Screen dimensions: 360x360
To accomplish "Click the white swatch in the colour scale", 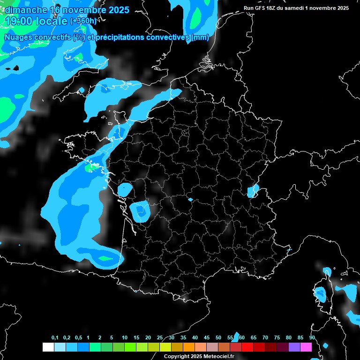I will pyautogui.click(x=48, y=347).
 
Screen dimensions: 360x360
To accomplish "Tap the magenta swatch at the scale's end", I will pyautogui.click(x=306, y=347).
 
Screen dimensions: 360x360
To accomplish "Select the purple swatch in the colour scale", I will pyautogui.click(x=294, y=347).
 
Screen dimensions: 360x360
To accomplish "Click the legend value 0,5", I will pyautogui.click(x=78, y=338).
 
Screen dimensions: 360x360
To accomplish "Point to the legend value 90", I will pyautogui.click(x=312, y=338).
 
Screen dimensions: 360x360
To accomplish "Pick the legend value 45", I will pyautogui.click(x=207, y=338).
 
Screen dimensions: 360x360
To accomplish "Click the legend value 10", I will pyautogui.click(x=124, y=338).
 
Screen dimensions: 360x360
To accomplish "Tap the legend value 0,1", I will pyautogui.click(x=55, y=338).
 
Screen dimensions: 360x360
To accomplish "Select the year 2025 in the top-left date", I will pyautogui.click(x=115, y=10).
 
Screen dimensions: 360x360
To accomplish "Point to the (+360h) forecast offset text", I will pyautogui.click(x=83, y=21).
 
